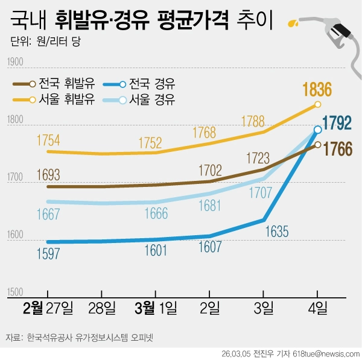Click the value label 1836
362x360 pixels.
[317, 90]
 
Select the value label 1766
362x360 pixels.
[337, 148]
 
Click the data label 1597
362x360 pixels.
[48, 253]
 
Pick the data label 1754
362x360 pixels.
[48, 140]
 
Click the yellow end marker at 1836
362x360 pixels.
[317, 105]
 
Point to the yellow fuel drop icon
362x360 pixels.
[293, 24]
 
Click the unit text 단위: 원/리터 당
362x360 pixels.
[45, 42]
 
